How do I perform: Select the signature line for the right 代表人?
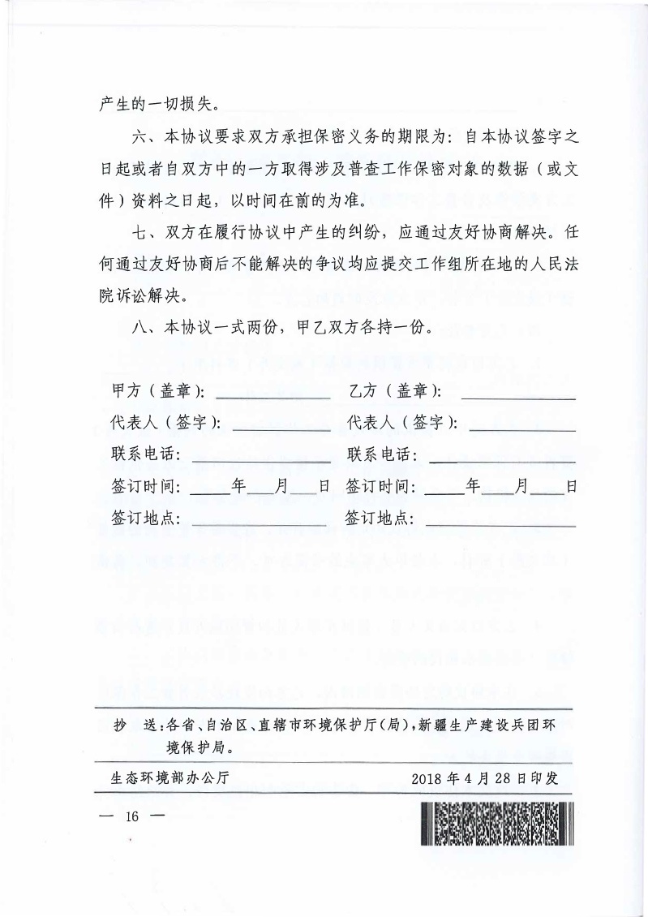522,428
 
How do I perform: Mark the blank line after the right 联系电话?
502,460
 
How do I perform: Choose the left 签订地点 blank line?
259,524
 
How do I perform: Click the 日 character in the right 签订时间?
571,487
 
